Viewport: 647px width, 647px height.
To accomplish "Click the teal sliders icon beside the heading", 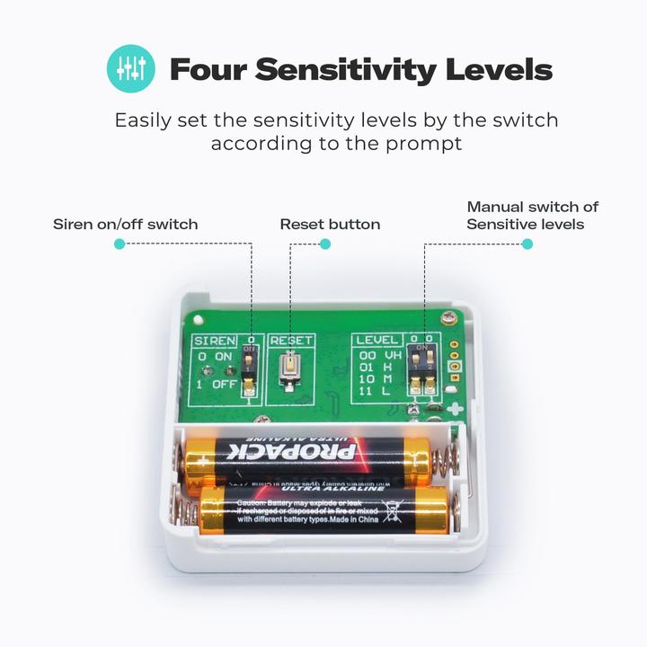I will point(131,69).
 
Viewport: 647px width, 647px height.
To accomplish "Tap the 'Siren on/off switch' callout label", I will point(125,224).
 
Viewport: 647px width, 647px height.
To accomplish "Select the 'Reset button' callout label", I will point(330,224).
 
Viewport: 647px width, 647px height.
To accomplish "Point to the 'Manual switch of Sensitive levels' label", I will point(532,216).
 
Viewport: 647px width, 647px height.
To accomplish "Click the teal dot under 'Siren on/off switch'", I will point(120,244).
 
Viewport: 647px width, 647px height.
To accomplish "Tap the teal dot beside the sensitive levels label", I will point(527,244).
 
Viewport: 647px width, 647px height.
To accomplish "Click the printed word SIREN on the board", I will point(215,341).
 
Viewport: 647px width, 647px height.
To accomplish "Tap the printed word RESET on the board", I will point(291,341).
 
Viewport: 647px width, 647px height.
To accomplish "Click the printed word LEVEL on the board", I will point(376,341).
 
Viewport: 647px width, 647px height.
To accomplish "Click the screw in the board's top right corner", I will point(447,316).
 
